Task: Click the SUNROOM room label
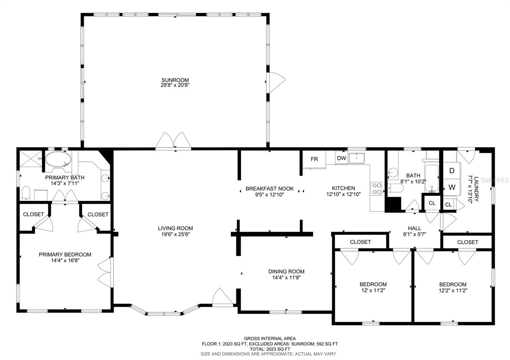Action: point(175,80)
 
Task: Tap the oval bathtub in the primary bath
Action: point(58,159)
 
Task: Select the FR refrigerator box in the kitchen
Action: point(314,159)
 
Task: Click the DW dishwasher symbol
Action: point(341,158)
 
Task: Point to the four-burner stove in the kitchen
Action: point(376,188)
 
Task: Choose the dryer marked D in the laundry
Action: point(452,171)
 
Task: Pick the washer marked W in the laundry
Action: point(452,188)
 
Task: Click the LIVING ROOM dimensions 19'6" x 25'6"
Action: point(176,234)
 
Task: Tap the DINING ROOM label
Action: point(287,271)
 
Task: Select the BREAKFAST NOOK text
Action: point(270,188)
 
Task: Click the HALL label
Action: point(415,228)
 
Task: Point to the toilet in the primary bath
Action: point(26,193)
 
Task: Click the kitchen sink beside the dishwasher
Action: point(357,158)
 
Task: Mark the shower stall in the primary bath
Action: point(31,158)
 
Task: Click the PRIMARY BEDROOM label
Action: point(65,255)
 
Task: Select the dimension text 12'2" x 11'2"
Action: point(453,290)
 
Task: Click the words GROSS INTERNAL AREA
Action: point(270,339)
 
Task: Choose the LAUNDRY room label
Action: point(476,189)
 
